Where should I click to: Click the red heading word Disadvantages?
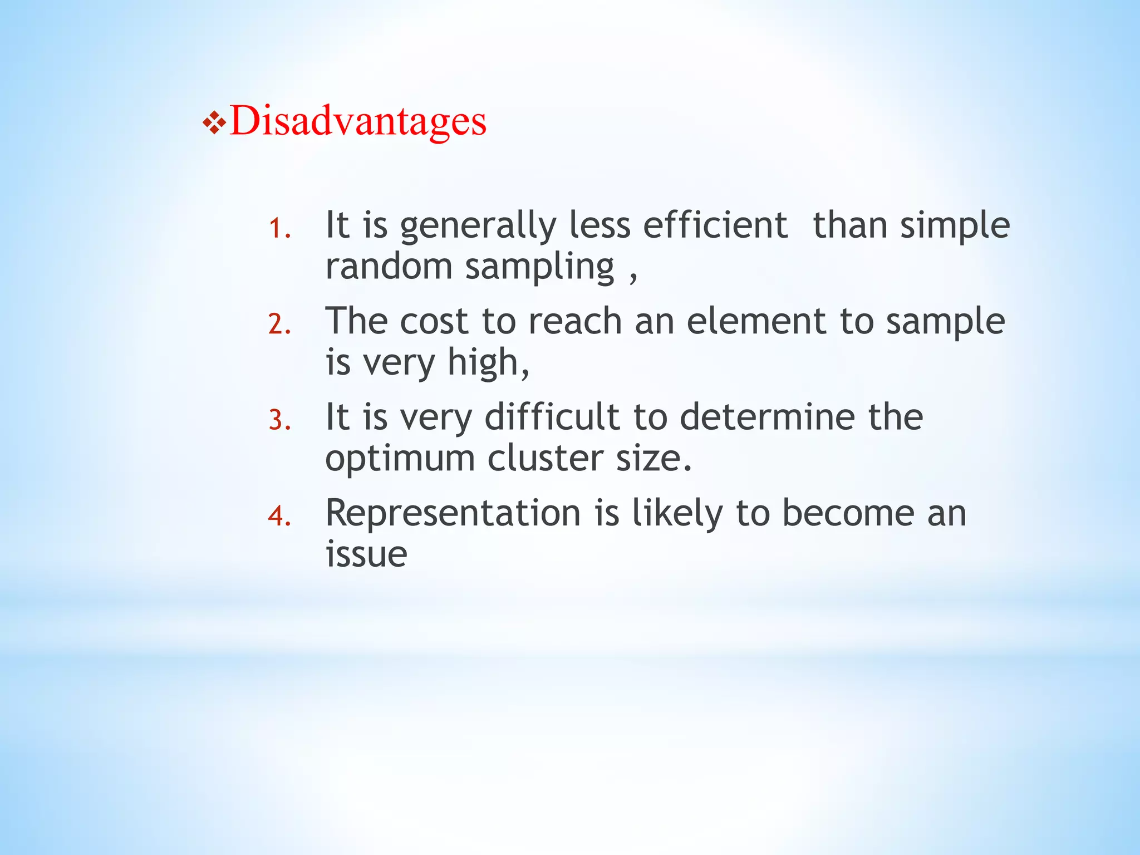click(358, 121)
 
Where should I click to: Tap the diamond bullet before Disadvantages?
click(214, 123)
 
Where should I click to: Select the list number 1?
click(279, 228)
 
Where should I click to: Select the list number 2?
click(279, 324)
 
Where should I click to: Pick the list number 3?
click(279, 420)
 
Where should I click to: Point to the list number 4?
click(279, 516)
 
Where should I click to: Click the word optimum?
click(400, 459)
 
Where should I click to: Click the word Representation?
click(453, 513)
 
